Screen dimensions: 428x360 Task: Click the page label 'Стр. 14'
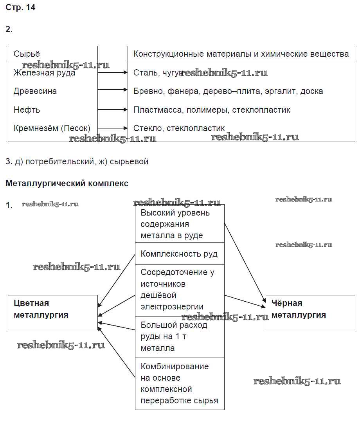pyautogui.click(x=20, y=7)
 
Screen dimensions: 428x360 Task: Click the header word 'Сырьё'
pyautogui.click(x=27, y=54)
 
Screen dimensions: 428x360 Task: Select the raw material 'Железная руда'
pyautogui.click(x=44, y=73)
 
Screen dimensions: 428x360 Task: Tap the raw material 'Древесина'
pyautogui.click(x=35, y=91)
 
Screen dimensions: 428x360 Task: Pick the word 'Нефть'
pyautogui.click(x=27, y=110)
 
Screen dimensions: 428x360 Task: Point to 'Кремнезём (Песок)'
pyautogui.click(x=52, y=128)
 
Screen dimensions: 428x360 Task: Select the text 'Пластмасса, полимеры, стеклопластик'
pyautogui.click(x=212, y=110)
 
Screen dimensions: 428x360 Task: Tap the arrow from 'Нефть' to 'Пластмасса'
pyautogui.click(x=113, y=110)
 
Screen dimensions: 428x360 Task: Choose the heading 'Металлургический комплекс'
pyautogui.click(x=67, y=183)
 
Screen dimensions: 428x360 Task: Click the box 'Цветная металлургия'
pyautogui.click(x=53, y=312)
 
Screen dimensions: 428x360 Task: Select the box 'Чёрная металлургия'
pyautogui.click(x=310, y=312)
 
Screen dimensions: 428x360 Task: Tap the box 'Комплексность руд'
pyautogui.click(x=180, y=254)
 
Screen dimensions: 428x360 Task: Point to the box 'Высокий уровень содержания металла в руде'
pyautogui.click(x=180, y=224)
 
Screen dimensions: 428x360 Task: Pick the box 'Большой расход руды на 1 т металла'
pyautogui.click(x=180, y=337)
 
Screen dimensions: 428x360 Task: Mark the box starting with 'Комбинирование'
pyautogui.click(x=180, y=383)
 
